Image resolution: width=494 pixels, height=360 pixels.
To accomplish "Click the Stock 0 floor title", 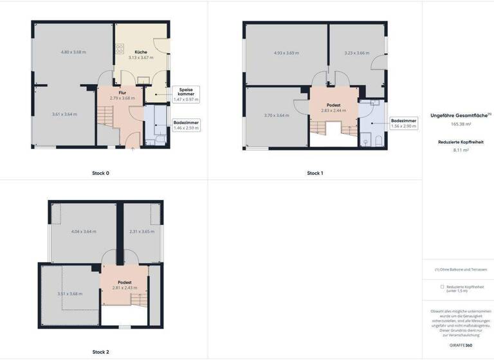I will [x=100, y=173].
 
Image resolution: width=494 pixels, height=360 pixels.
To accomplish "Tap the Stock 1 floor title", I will [x=315, y=173].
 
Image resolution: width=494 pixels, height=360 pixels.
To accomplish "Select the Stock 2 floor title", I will [x=100, y=352].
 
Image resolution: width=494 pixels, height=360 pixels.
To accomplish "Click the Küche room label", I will [x=142, y=51].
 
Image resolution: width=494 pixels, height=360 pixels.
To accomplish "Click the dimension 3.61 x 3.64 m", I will [x=64, y=114].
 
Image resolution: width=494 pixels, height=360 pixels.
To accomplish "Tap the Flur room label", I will [x=122, y=93].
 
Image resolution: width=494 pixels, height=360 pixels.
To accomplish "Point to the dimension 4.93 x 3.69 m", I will [x=287, y=53].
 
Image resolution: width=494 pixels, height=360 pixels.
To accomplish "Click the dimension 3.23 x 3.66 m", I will [x=356, y=53].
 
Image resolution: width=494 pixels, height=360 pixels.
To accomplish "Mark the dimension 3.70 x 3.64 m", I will [x=276, y=115].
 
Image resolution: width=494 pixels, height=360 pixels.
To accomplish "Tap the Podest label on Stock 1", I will [x=333, y=105].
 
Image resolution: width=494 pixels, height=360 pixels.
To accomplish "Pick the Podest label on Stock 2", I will [x=125, y=282].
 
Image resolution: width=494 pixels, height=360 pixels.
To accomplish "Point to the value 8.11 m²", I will [x=457, y=149].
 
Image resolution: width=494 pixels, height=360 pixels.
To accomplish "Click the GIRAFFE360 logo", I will [x=457, y=346].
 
